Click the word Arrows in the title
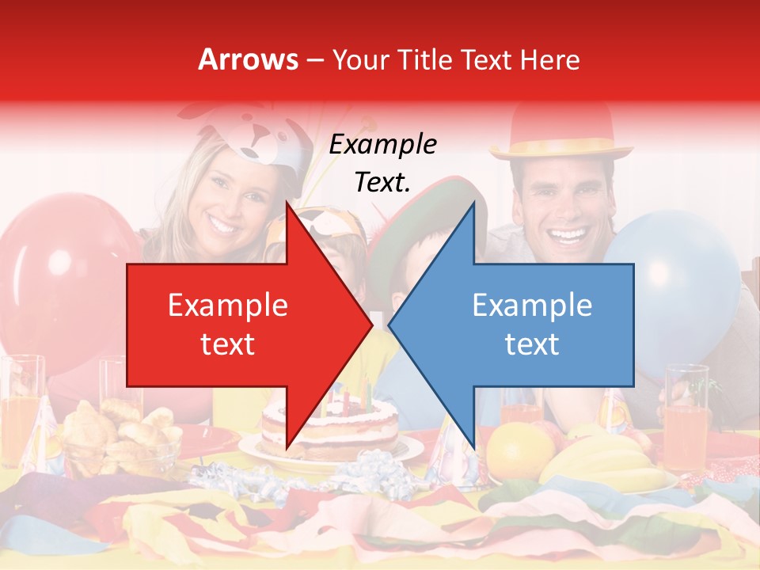pos(249,59)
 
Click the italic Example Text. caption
pos(382,163)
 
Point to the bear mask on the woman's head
pos(253,139)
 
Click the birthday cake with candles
pos(329,427)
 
